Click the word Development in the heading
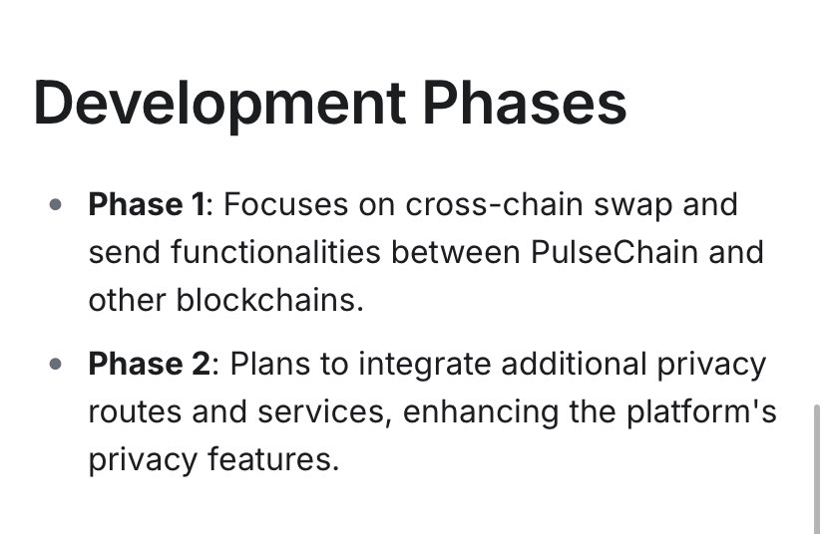(x=218, y=102)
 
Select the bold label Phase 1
(x=149, y=205)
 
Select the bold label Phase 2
(x=149, y=364)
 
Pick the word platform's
(x=701, y=411)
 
